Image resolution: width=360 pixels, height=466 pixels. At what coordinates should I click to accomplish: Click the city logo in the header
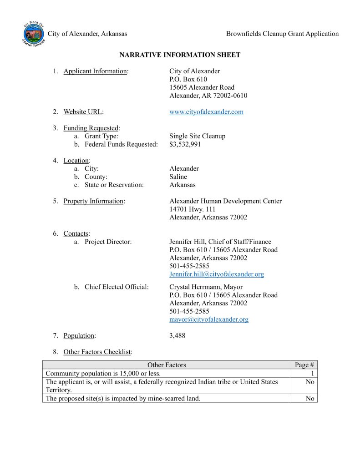click(34, 34)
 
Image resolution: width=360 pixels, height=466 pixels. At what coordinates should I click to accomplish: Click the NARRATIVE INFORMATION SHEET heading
click(180, 55)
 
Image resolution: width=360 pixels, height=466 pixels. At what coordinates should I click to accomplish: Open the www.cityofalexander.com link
click(206, 112)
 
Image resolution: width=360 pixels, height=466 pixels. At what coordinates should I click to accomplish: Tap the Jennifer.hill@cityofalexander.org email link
click(217, 274)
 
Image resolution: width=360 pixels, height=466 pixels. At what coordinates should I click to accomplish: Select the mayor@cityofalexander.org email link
click(209, 319)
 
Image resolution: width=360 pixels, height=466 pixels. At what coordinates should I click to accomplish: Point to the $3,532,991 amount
click(185, 145)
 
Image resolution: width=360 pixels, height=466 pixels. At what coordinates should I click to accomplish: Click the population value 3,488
click(177, 336)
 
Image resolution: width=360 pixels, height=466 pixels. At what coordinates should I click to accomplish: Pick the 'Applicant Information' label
click(95, 71)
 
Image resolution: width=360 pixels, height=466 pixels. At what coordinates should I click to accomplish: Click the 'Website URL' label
click(82, 112)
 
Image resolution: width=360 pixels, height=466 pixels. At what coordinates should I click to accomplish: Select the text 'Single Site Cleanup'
click(197, 137)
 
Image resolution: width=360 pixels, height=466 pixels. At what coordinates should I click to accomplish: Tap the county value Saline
click(178, 177)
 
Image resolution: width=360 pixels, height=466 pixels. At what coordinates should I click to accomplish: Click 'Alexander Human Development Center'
click(225, 201)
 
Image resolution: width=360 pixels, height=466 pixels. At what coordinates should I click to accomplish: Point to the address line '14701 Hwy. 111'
click(193, 209)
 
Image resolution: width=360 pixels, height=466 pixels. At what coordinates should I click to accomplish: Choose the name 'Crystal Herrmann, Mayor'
click(206, 287)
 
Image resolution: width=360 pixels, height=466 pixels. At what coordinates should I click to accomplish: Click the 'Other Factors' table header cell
click(167, 365)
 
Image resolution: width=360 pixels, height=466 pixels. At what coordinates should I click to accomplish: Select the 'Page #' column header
click(304, 365)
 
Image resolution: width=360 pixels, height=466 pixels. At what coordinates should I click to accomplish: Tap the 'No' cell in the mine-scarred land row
click(310, 399)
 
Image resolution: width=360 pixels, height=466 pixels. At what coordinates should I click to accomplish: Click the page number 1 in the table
click(313, 374)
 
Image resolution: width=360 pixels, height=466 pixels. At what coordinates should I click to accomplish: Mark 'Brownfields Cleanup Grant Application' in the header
click(282, 34)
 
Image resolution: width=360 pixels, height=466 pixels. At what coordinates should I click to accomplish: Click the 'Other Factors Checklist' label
click(97, 352)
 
